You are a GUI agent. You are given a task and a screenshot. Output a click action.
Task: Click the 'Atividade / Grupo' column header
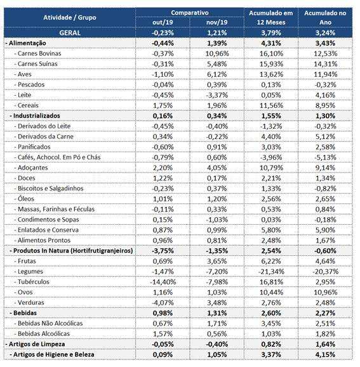coord(70,18)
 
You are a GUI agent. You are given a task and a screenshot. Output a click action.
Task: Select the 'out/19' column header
coord(163,22)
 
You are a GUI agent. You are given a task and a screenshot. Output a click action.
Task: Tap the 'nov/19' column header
coord(217,22)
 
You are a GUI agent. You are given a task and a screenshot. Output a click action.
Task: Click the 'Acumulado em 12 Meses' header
coord(271,18)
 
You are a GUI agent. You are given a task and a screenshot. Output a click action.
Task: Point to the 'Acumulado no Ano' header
coord(325,18)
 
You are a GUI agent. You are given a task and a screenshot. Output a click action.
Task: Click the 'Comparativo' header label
coord(190,13)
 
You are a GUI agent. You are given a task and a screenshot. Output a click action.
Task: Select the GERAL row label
coord(70,33)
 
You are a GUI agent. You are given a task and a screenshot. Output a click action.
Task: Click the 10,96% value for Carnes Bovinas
coord(217,53)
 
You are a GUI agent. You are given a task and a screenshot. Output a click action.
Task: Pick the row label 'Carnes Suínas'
coord(37,64)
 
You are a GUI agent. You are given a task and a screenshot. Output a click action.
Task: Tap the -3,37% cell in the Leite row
coord(217,95)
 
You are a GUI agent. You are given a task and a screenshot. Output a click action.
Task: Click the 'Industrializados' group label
coord(37,116)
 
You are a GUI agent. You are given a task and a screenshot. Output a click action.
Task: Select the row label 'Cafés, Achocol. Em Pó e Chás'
coord(59,157)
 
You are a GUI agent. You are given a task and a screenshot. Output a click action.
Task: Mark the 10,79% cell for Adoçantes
coord(271,168)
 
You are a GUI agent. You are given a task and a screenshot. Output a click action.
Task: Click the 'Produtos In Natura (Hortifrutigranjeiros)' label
coord(73,251)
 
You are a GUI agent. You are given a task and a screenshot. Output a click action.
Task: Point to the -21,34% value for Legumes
coord(271,272)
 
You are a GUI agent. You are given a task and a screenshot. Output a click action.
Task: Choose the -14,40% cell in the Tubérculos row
coord(163,282)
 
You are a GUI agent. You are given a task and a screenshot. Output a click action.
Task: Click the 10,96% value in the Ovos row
coord(326,292)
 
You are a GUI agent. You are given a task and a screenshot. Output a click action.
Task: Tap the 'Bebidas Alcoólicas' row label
coord(44,334)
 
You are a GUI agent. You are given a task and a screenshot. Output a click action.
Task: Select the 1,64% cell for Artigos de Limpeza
coord(325,344)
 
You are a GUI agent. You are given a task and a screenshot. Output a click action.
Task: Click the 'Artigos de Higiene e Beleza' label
coord(54,354)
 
